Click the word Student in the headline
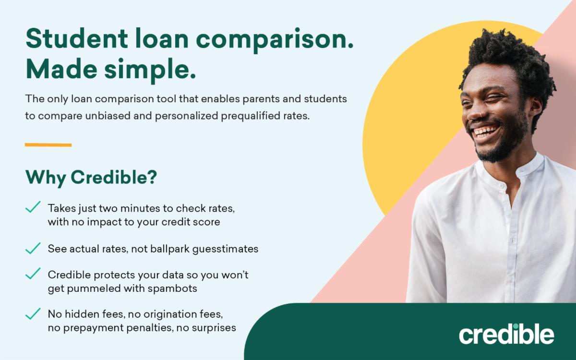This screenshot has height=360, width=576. pos(77,38)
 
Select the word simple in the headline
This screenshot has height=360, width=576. pos(150,71)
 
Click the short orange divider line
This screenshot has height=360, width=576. pos(48,145)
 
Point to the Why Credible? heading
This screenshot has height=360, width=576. pos(91,178)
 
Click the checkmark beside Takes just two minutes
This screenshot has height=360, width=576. pos(33,207)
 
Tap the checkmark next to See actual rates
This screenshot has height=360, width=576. pos(33,249)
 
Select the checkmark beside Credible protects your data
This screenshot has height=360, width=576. pos(33,273)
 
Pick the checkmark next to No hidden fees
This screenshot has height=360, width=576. pos(33,314)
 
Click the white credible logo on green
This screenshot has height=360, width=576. pos(506,334)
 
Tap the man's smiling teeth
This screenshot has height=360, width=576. pos(485,131)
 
